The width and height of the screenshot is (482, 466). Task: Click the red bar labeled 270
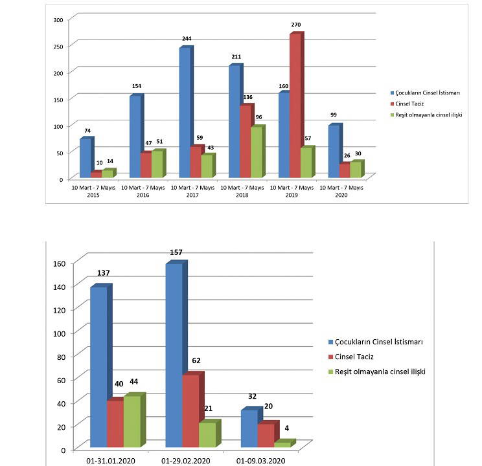[294, 107]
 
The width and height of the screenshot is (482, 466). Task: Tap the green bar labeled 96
[257, 153]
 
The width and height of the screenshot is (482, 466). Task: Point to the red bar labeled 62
[190, 412]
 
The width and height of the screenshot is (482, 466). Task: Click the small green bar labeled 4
[282, 445]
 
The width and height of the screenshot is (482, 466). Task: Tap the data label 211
[236, 57]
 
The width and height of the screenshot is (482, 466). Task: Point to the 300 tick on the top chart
[58, 20]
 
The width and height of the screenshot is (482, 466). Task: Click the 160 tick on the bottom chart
[60, 263]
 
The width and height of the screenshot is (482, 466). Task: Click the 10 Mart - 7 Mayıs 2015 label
[94, 191]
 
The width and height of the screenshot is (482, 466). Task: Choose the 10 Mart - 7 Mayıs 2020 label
[342, 191]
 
